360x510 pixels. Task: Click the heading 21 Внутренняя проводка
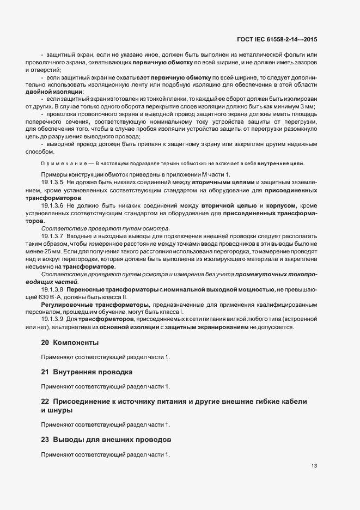pyautogui.click(x=86, y=372)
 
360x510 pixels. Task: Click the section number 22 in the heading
pyautogui.click(x=45, y=401)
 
